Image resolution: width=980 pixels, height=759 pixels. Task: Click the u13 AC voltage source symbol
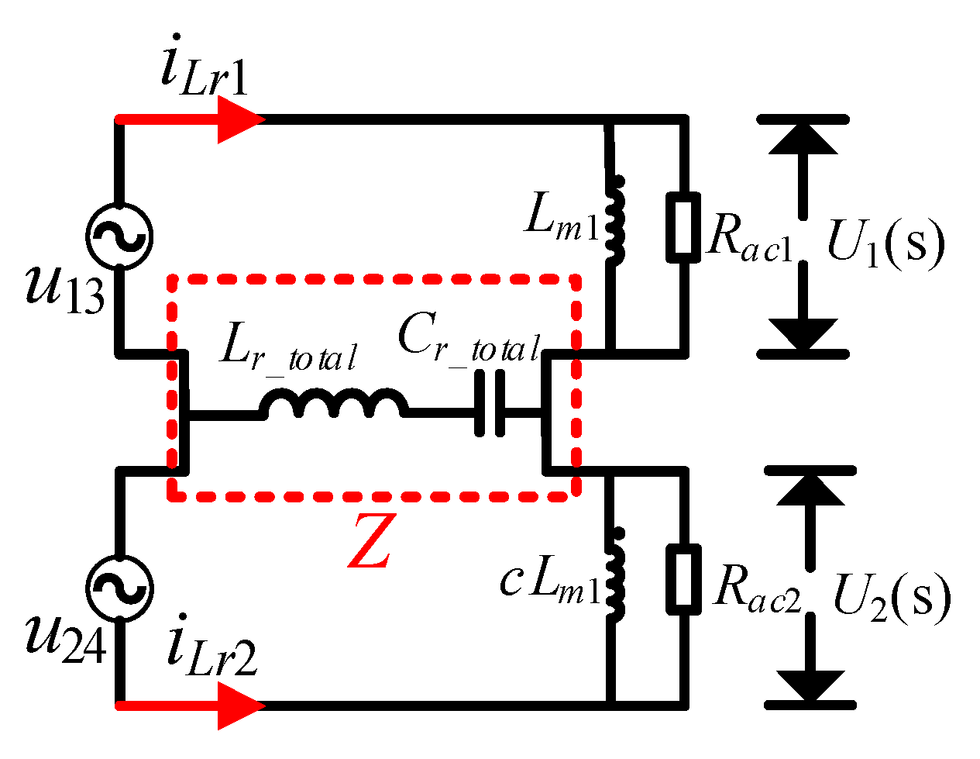[x=119, y=236]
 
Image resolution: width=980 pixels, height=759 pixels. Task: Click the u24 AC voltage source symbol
[x=119, y=588]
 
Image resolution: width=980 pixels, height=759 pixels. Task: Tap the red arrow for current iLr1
[x=191, y=119]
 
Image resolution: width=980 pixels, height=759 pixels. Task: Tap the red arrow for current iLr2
[x=191, y=706]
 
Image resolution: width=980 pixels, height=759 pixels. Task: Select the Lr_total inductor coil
[x=334, y=403]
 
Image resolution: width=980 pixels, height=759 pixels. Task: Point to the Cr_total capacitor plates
[x=490, y=403]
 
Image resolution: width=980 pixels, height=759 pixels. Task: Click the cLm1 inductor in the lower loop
[x=615, y=574]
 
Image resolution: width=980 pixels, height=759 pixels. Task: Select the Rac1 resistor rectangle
[x=683, y=227]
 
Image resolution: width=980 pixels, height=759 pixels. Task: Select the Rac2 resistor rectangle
[x=683, y=579]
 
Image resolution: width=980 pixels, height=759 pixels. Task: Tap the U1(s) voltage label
[x=886, y=244]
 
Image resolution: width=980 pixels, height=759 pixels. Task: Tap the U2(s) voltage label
[x=892, y=598]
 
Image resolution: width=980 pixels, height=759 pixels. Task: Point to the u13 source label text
[x=65, y=289]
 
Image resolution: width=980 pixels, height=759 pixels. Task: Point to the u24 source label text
[x=66, y=640]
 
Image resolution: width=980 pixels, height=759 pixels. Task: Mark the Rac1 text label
[x=749, y=237]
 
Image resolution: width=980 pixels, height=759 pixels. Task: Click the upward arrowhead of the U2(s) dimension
[x=810, y=491]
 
